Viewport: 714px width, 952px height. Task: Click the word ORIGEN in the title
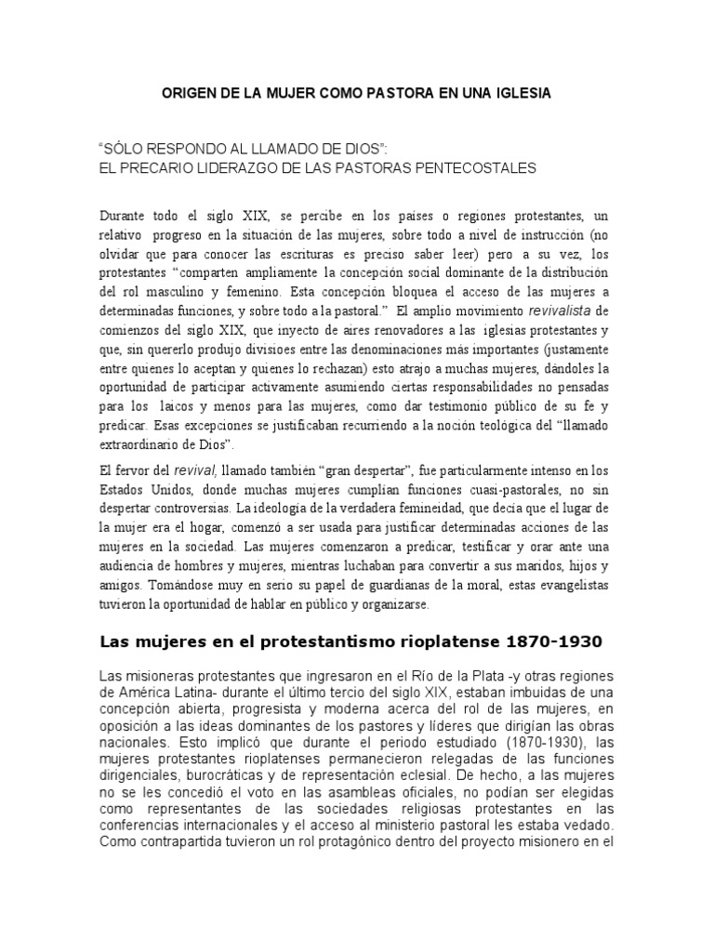point(190,93)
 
